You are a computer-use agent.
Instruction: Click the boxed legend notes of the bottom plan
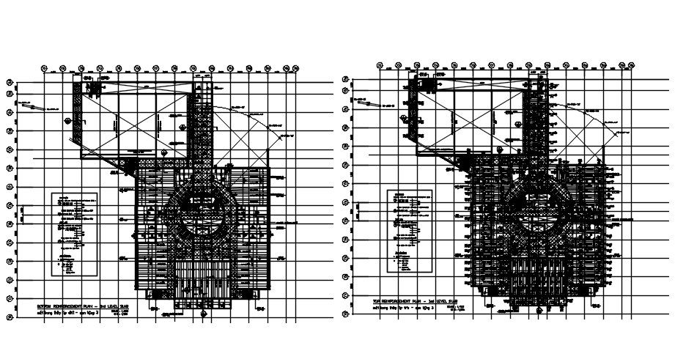(76, 234)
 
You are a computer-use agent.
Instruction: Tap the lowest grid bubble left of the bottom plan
(8, 317)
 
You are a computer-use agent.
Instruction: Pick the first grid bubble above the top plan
(379, 65)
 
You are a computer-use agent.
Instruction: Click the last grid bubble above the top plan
(630, 65)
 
